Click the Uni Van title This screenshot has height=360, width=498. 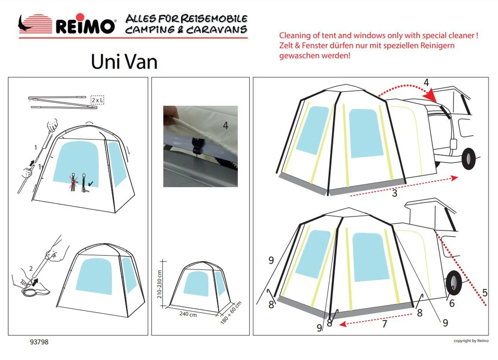pyautogui.click(x=124, y=61)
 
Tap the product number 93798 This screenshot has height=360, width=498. pyautogui.click(x=39, y=342)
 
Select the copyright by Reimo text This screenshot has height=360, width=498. pyautogui.click(x=471, y=341)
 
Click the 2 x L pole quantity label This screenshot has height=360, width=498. pyautogui.click(x=97, y=100)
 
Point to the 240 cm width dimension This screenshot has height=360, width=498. pyautogui.click(x=188, y=314)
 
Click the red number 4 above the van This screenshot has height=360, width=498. pyautogui.click(x=426, y=83)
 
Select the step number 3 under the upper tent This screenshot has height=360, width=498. pyautogui.click(x=395, y=193)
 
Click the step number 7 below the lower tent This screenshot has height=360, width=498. pyautogui.click(x=384, y=323)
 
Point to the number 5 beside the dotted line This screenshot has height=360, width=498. pyautogui.click(x=484, y=292)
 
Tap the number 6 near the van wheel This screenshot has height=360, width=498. pyautogui.click(x=452, y=302)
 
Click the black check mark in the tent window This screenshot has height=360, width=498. pyautogui.click(x=91, y=183)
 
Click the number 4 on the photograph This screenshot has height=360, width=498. pyautogui.click(x=226, y=125)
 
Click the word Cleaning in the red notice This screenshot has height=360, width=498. pyautogui.click(x=295, y=35)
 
